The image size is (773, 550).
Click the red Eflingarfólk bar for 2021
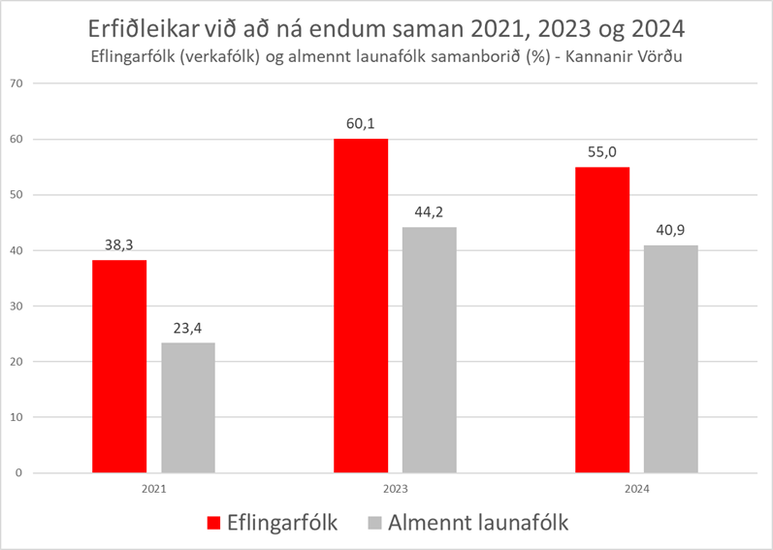point(119,367)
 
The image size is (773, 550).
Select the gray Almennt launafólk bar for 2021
point(188,407)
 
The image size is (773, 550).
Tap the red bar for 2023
point(361,306)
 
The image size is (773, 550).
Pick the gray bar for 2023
point(429,350)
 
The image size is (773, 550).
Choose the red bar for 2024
point(602,320)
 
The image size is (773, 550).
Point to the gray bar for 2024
point(670,359)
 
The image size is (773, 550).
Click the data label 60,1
point(361,125)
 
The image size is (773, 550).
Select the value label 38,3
point(119,246)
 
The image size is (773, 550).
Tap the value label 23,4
point(188,329)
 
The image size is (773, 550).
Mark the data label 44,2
point(429,213)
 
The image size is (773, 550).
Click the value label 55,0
point(602,153)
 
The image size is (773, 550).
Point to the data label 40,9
point(670,232)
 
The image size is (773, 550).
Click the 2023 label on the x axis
point(395,490)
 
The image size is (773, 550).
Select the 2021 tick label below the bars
point(153,490)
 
